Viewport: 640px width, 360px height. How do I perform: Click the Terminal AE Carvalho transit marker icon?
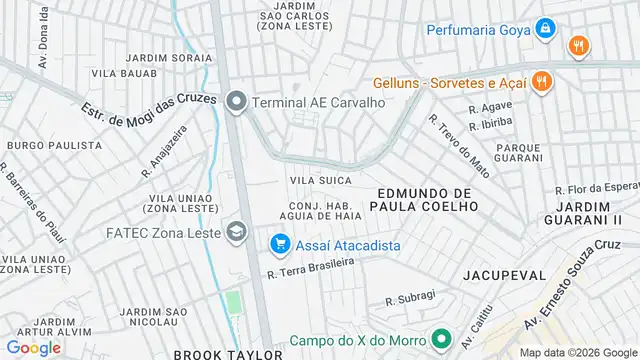pyautogui.click(x=236, y=101)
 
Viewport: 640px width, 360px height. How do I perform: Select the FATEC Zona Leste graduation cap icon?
pyautogui.click(x=236, y=233)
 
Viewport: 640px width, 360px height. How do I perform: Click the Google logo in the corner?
pyautogui.click(x=33, y=347)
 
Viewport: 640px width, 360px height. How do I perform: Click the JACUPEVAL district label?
pyautogui.click(x=504, y=274)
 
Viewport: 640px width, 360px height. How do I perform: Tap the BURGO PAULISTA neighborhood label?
pyautogui.click(x=54, y=145)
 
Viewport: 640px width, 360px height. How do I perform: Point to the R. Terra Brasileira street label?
pyautogui.click(x=310, y=267)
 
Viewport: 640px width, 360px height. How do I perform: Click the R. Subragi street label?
pyautogui.click(x=411, y=298)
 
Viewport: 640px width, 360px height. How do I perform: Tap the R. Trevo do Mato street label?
pyautogui.click(x=453, y=144)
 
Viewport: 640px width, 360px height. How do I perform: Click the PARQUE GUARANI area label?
pyautogui.click(x=490, y=152)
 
